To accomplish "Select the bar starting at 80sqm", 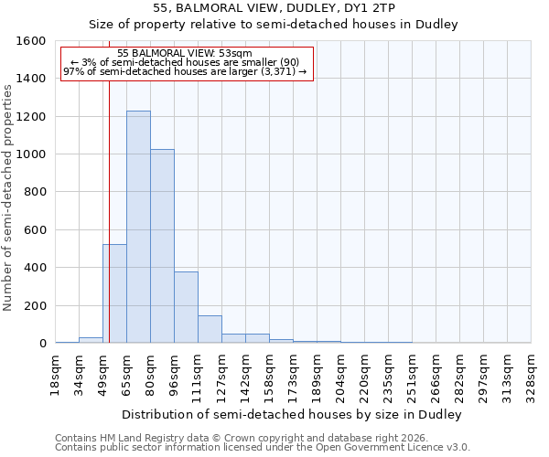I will click(x=162, y=246).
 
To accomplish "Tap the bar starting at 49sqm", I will click(x=114, y=293).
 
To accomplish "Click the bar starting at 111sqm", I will click(x=210, y=329).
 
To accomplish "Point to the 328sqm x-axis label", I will click(x=531, y=375).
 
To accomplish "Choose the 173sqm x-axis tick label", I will click(x=293, y=375).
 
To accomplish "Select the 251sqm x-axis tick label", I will click(x=412, y=375).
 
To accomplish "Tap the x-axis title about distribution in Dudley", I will click(x=292, y=414).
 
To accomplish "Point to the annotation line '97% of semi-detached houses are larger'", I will click(x=185, y=72).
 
